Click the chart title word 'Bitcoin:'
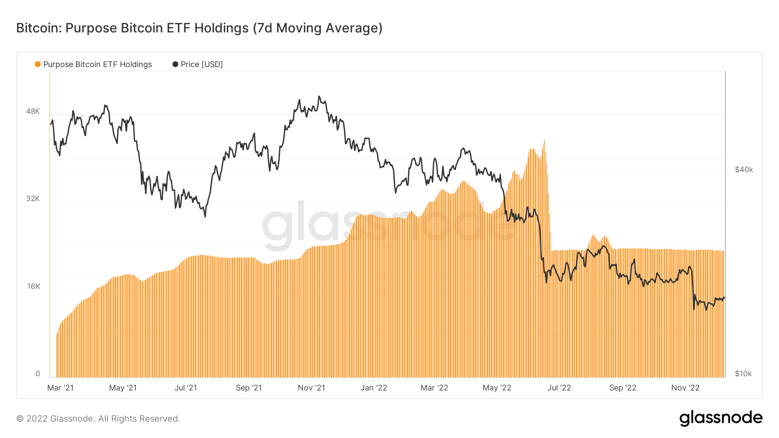pos(39,28)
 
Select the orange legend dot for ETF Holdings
pos(38,64)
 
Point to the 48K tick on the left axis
pos(33,111)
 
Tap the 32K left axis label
pos(33,198)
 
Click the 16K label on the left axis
pos(33,286)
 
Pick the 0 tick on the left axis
pos(38,374)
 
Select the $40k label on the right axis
pos(744,169)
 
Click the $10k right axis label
pos(743,374)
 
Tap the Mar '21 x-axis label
pos(60,388)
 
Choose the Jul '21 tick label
pos(186,388)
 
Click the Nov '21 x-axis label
pos(311,388)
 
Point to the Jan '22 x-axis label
pos(373,388)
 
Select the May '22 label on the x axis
pos(497,388)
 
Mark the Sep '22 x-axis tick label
pos(622,388)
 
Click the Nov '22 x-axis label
pos(685,388)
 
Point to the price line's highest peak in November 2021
pos(319,96)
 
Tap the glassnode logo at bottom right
pos(721,418)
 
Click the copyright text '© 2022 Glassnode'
pos(61,419)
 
